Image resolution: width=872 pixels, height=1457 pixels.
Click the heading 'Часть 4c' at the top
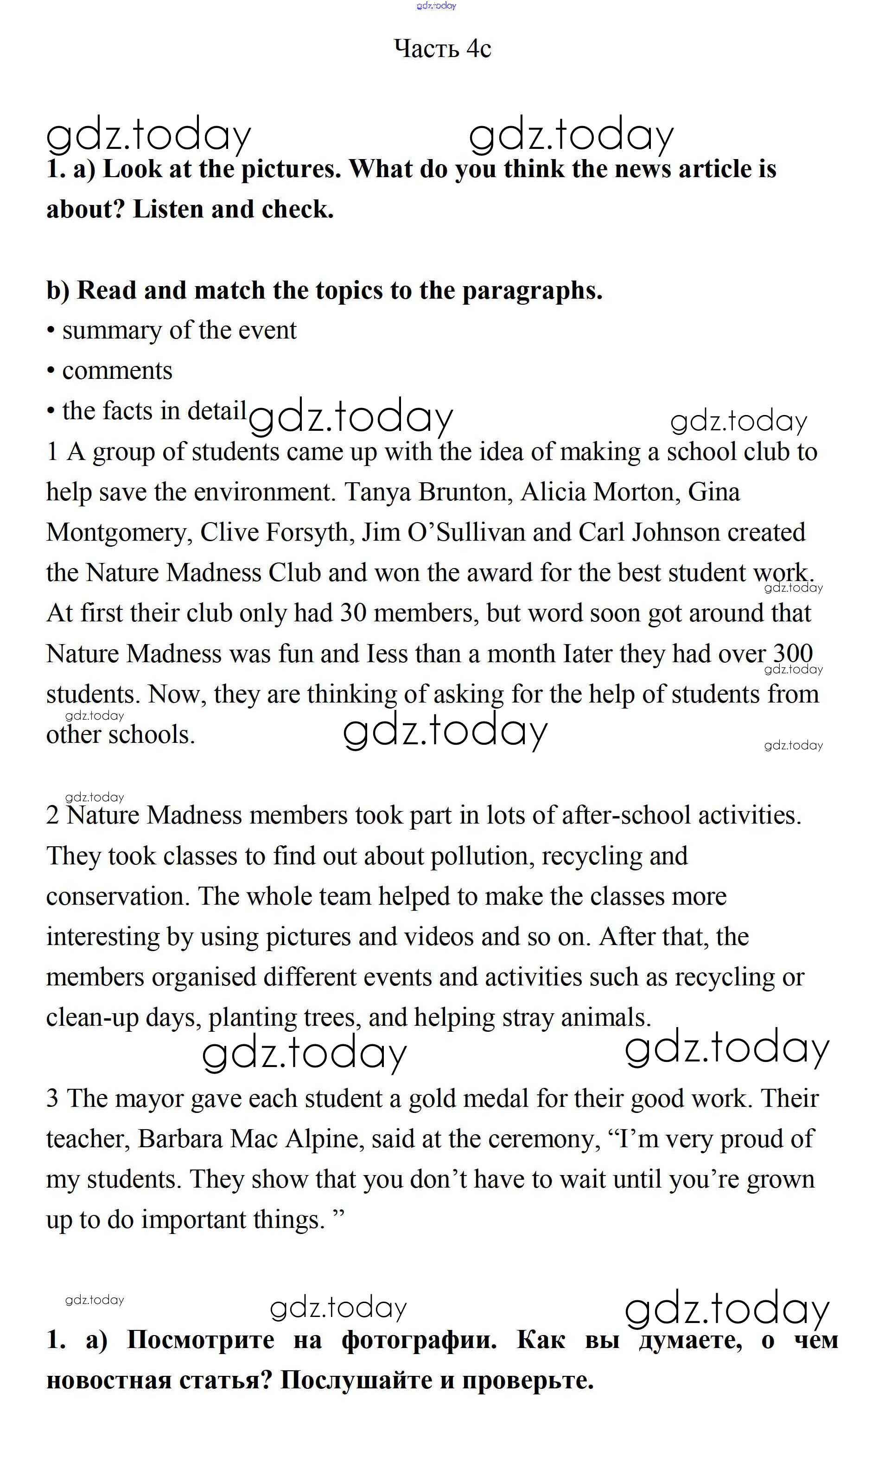[442, 49]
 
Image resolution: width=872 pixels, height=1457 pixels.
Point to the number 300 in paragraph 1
[792, 653]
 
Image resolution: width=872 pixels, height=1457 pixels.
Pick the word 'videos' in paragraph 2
[439, 937]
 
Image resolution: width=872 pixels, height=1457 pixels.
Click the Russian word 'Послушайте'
[356, 1380]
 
